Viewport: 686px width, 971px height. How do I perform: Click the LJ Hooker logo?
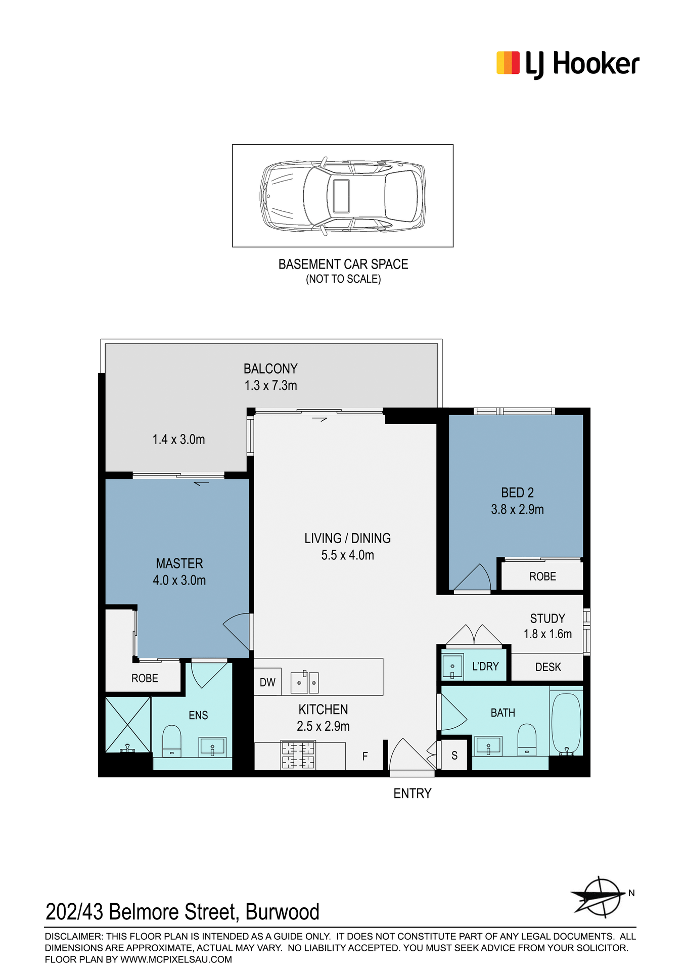pyautogui.click(x=568, y=64)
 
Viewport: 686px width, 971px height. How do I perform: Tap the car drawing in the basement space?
pyautogui.click(x=343, y=196)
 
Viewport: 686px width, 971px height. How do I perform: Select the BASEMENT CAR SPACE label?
pyautogui.click(x=343, y=264)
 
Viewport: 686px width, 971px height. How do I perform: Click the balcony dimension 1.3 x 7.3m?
pyautogui.click(x=271, y=385)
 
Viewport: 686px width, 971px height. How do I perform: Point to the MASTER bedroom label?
pyautogui.click(x=179, y=563)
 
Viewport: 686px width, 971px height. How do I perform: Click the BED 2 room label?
pyautogui.click(x=517, y=493)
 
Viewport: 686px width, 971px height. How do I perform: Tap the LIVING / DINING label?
pyautogui.click(x=347, y=538)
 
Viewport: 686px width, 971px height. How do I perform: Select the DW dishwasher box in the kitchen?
pyautogui.click(x=267, y=682)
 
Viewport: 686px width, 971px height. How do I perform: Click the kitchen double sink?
pyautogui.click(x=304, y=682)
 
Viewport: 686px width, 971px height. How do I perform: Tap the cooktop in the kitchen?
pyautogui.click(x=298, y=755)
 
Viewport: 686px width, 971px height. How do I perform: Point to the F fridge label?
pyautogui.click(x=365, y=756)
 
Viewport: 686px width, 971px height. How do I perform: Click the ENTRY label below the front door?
pyautogui.click(x=413, y=793)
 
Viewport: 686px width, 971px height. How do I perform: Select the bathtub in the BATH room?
pyautogui.click(x=566, y=724)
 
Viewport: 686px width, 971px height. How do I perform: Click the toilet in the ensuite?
pyautogui.click(x=172, y=741)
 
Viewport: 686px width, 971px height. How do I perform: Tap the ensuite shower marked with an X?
pyautogui.click(x=128, y=725)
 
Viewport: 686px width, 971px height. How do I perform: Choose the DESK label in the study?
pyautogui.click(x=548, y=667)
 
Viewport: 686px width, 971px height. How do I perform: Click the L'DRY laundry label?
pyautogui.click(x=485, y=667)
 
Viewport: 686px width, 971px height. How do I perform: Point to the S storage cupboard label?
pyautogui.click(x=454, y=756)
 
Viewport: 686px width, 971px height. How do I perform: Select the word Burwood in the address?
pyautogui.click(x=282, y=912)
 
